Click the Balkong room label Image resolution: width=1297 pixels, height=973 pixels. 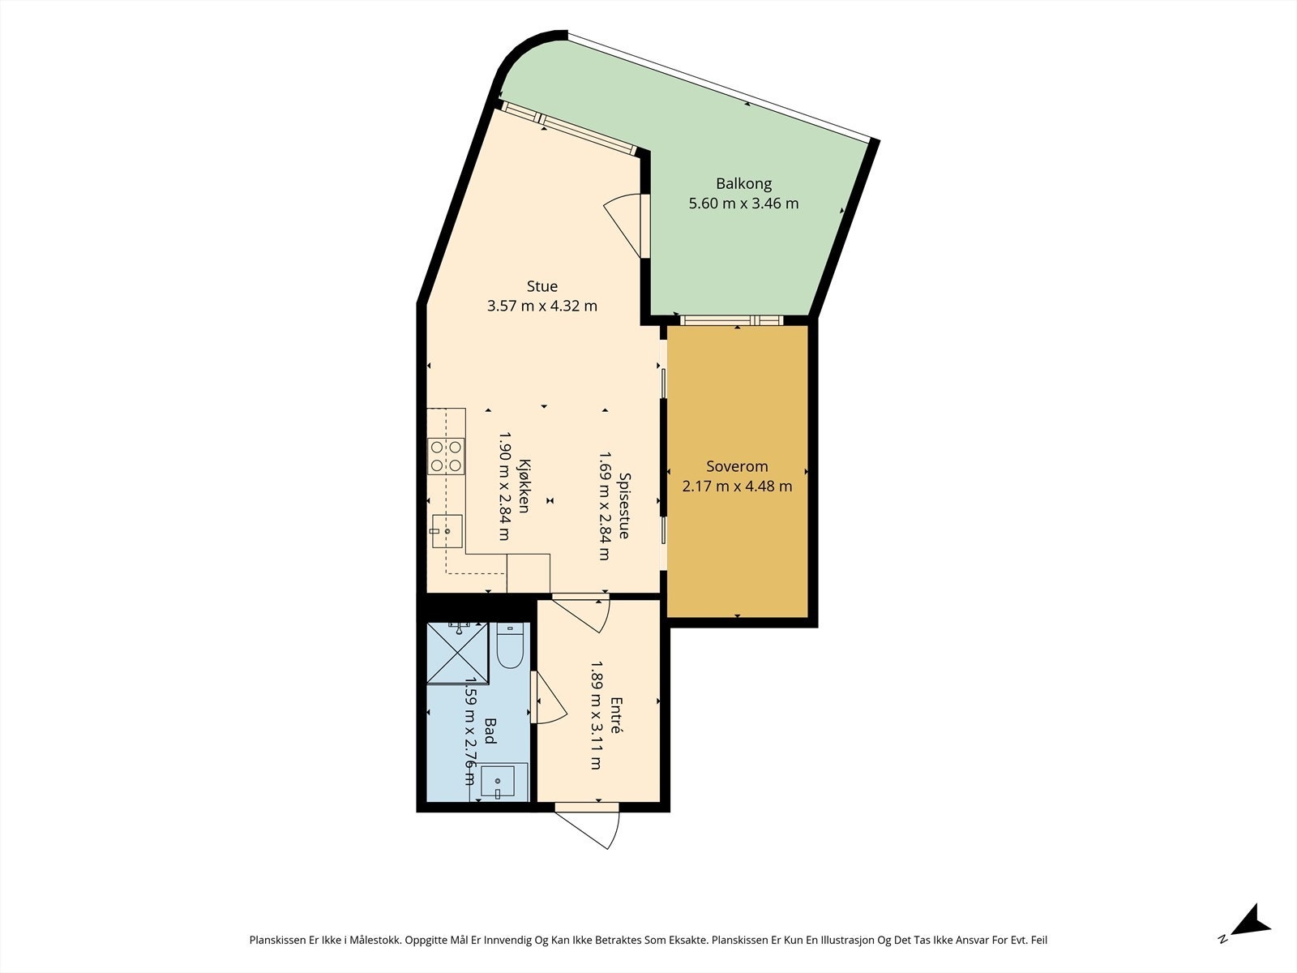(743, 183)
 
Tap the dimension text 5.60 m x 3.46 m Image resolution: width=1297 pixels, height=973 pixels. (743, 204)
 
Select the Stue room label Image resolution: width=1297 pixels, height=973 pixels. (541, 286)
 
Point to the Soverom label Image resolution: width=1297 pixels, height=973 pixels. (736, 467)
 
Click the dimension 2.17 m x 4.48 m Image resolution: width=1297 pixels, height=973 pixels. (736, 487)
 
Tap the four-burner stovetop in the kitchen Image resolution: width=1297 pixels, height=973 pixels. (446, 456)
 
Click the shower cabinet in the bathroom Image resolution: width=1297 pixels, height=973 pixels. (458, 654)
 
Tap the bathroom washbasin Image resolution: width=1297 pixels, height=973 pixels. (499, 782)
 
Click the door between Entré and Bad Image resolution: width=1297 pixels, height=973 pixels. (547, 698)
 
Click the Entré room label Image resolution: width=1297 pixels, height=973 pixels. (616, 715)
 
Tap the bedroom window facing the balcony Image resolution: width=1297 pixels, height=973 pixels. (731, 320)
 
